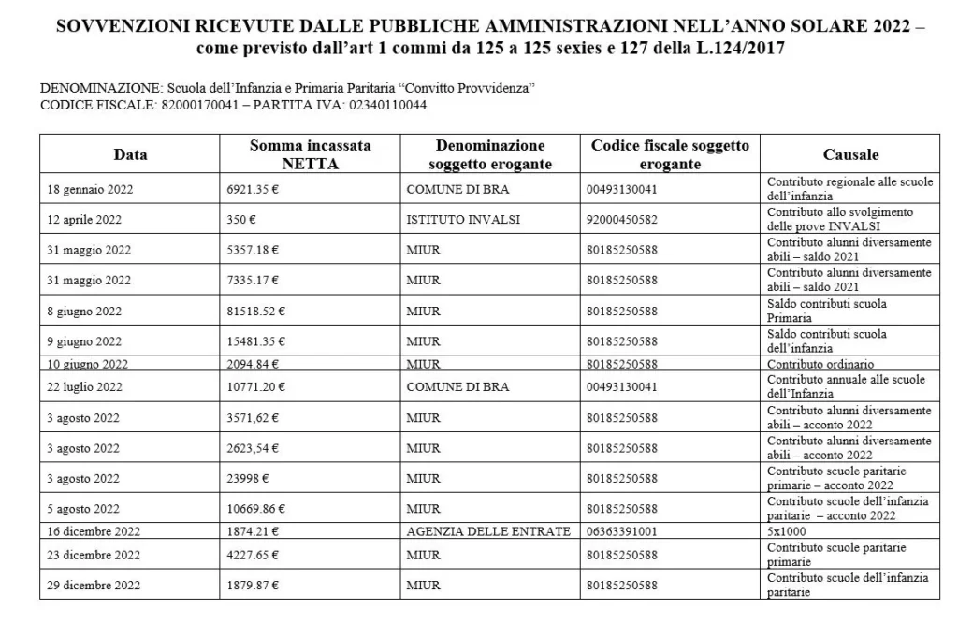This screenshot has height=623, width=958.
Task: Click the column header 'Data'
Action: [130, 154]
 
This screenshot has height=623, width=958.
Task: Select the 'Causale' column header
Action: [850, 154]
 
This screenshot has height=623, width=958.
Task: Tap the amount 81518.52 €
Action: [256, 311]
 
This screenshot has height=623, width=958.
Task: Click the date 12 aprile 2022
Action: [84, 220]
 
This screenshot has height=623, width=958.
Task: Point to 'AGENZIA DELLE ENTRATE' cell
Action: [488, 531]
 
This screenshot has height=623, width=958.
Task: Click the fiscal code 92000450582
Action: [622, 220]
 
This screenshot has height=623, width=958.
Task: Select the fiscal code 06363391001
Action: [622, 531]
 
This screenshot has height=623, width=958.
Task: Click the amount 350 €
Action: [241, 220]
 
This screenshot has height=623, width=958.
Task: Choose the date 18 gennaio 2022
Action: [90, 189]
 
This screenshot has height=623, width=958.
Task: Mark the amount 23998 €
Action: [248, 479]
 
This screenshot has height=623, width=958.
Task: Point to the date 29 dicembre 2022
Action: [94, 586]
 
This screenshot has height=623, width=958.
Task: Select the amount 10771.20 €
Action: [256, 387]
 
